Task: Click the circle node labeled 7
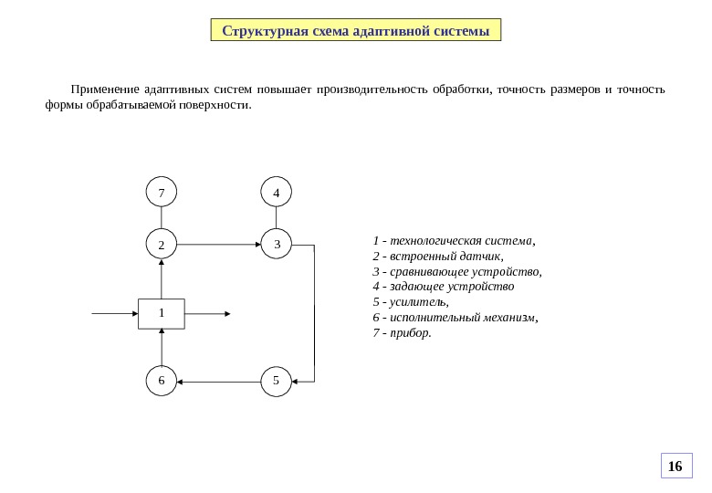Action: point(162,193)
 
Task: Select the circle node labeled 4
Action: point(276,193)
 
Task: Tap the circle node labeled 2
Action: point(162,245)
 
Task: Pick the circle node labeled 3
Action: point(276,245)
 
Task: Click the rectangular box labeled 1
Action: point(162,313)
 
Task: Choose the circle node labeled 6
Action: point(162,381)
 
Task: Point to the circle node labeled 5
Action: point(276,381)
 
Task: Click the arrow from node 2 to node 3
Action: point(218,245)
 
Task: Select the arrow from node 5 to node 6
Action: point(218,381)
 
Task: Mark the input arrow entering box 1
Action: point(115,313)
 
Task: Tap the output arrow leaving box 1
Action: point(207,313)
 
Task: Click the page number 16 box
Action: point(675,467)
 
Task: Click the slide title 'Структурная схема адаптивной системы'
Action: point(356,32)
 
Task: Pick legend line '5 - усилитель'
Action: point(412,301)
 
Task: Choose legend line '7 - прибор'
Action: point(403,332)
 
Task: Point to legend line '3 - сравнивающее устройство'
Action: point(457,271)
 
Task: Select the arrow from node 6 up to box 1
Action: point(162,347)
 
